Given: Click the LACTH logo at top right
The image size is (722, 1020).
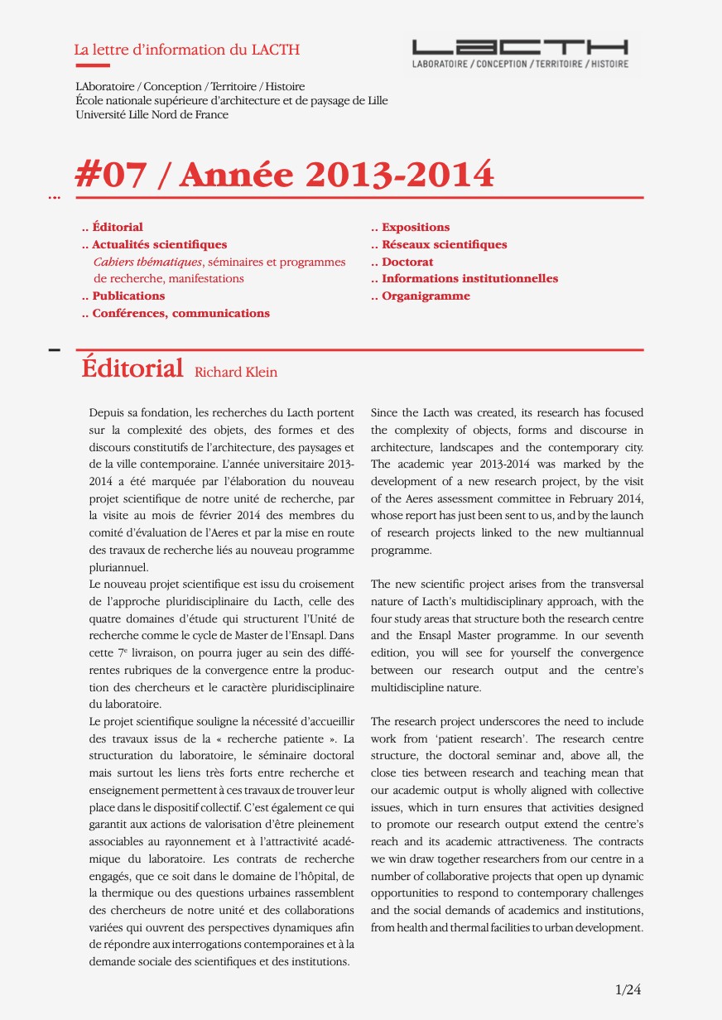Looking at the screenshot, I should pos(520,54).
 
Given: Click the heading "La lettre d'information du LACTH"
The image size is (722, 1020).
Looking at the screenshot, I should pos(186,50).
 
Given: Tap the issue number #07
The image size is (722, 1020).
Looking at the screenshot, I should pos(111,175).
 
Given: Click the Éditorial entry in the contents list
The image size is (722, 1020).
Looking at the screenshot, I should pos(117,227).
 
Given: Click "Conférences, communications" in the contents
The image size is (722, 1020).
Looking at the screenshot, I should pos(180,313).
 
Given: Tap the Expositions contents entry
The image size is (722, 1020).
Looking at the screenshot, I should pos(416,227).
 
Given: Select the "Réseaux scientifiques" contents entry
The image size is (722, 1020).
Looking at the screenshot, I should pos(444,244).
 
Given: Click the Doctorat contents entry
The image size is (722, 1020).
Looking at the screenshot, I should pos(407,262).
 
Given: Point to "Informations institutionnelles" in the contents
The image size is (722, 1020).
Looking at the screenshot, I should pos(469,278).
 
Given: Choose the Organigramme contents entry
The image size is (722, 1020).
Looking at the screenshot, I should pos(426,296).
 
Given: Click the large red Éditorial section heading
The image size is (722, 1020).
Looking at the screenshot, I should pos(132,368).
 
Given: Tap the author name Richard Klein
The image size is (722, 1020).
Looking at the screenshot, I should pos(236,373).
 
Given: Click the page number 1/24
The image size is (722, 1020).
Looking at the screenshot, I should pos(628,989).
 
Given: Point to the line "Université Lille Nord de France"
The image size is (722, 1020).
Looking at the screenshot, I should pos(152,114).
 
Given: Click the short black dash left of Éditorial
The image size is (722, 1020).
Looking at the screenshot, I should pos(55,350).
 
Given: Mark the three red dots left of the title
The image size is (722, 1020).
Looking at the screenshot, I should pos(55,198).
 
